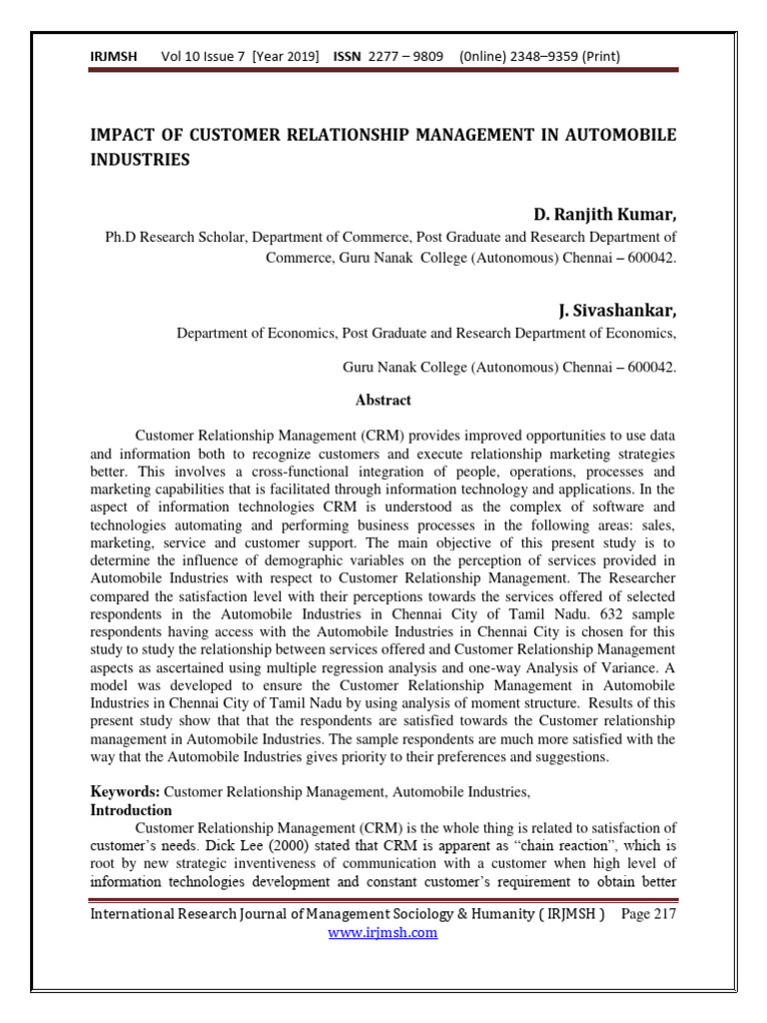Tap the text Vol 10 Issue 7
pyautogui.click(x=205, y=57)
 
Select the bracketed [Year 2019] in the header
pyautogui.click(x=287, y=57)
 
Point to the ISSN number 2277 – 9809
pyautogui.click(x=406, y=57)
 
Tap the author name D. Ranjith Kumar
pyautogui.click(x=605, y=215)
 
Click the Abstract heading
pyautogui.click(x=383, y=400)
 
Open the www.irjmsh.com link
pyautogui.click(x=383, y=933)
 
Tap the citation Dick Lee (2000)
pyautogui.click(x=261, y=847)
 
